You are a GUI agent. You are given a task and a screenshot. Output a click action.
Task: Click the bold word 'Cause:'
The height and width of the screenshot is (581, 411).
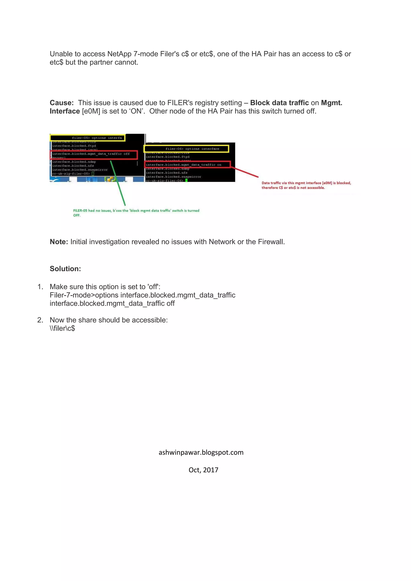click(x=61, y=103)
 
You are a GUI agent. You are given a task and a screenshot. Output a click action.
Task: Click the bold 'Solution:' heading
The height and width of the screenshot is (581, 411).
click(x=65, y=269)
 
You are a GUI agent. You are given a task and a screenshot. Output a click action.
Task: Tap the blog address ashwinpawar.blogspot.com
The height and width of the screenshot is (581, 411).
click(x=201, y=452)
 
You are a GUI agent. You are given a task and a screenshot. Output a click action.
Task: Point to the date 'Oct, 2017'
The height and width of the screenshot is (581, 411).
click(x=203, y=470)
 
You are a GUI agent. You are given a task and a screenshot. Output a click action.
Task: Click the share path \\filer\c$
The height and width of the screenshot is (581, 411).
click(x=62, y=328)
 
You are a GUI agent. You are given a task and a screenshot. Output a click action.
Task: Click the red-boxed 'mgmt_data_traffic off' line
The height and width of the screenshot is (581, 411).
click(x=94, y=154)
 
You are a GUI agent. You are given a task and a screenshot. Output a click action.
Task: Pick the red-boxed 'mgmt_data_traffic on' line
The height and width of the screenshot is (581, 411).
click(x=187, y=165)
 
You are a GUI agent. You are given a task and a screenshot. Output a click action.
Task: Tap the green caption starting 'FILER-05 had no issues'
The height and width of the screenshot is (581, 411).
click(x=136, y=213)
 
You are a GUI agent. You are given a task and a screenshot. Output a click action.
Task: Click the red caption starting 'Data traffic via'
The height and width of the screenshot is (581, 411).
click(x=306, y=185)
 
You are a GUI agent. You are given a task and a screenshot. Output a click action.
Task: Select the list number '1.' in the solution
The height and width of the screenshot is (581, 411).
click(x=40, y=287)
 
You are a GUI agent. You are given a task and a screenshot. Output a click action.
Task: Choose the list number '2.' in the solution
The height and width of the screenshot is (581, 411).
click(x=40, y=320)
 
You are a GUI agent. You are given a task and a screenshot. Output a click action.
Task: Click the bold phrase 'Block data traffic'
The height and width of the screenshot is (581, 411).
click(x=279, y=103)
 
